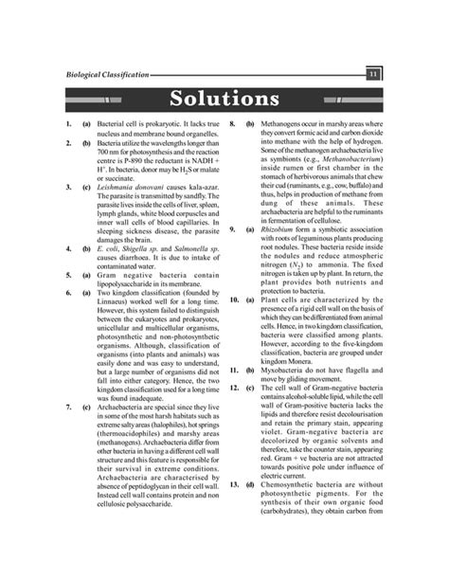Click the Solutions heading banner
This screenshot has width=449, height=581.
(224, 99)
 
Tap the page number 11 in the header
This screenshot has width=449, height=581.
(374, 74)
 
